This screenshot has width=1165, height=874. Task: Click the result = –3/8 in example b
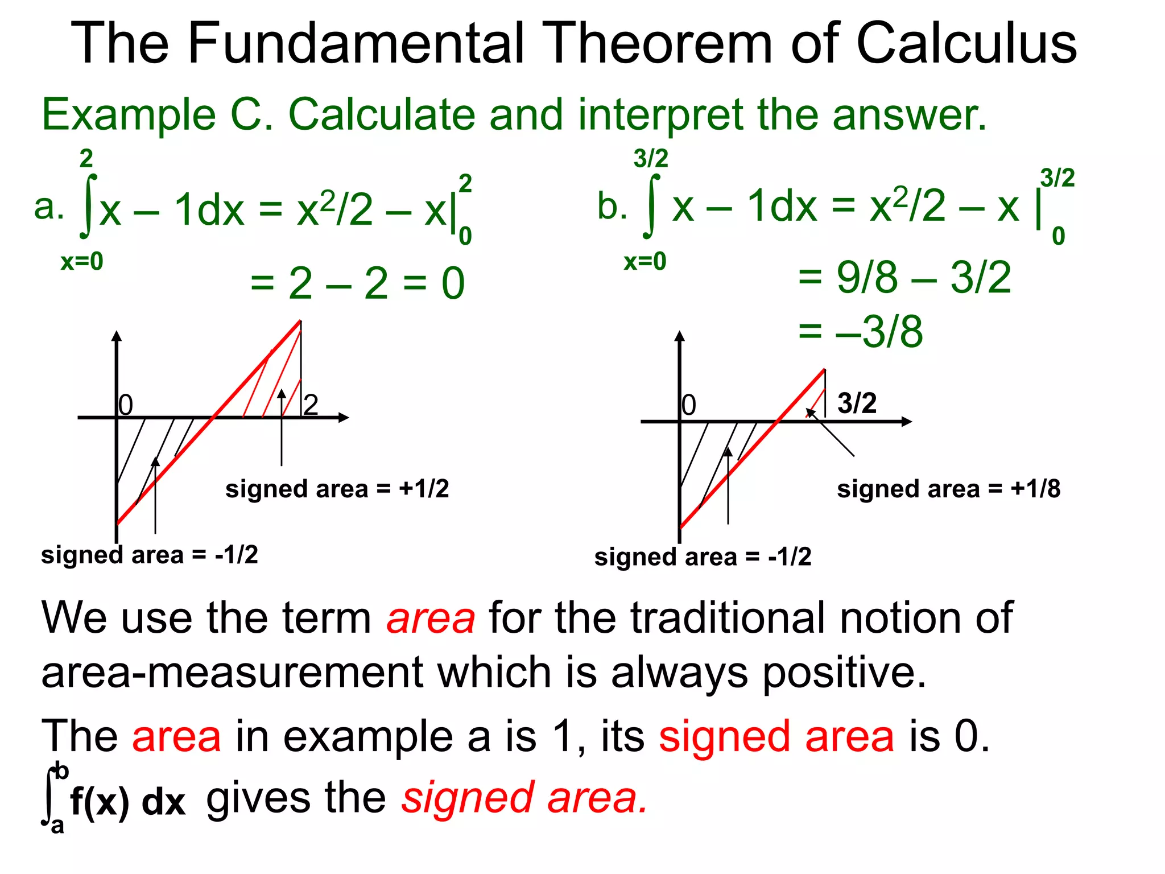coord(860,331)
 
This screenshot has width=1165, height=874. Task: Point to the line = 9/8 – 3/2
coord(904,278)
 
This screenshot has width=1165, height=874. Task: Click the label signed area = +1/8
coord(948,489)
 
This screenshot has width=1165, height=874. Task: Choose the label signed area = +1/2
coord(337,489)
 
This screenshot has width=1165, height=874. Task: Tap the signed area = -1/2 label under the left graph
coord(149,554)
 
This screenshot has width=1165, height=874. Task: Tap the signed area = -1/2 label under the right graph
coord(703,556)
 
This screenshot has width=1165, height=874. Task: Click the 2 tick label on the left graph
coord(311,405)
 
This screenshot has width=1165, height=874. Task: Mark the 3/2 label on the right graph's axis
coord(857,403)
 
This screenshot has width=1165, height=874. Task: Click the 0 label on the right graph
coord(689,405)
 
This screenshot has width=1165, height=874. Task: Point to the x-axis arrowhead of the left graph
coord(343,418)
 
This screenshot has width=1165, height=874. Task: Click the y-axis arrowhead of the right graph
coord(679,336)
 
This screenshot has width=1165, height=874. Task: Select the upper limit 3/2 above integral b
coord(651,158)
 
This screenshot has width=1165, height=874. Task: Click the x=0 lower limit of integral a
coord(82,262)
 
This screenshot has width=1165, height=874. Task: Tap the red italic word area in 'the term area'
coord(431,619)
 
